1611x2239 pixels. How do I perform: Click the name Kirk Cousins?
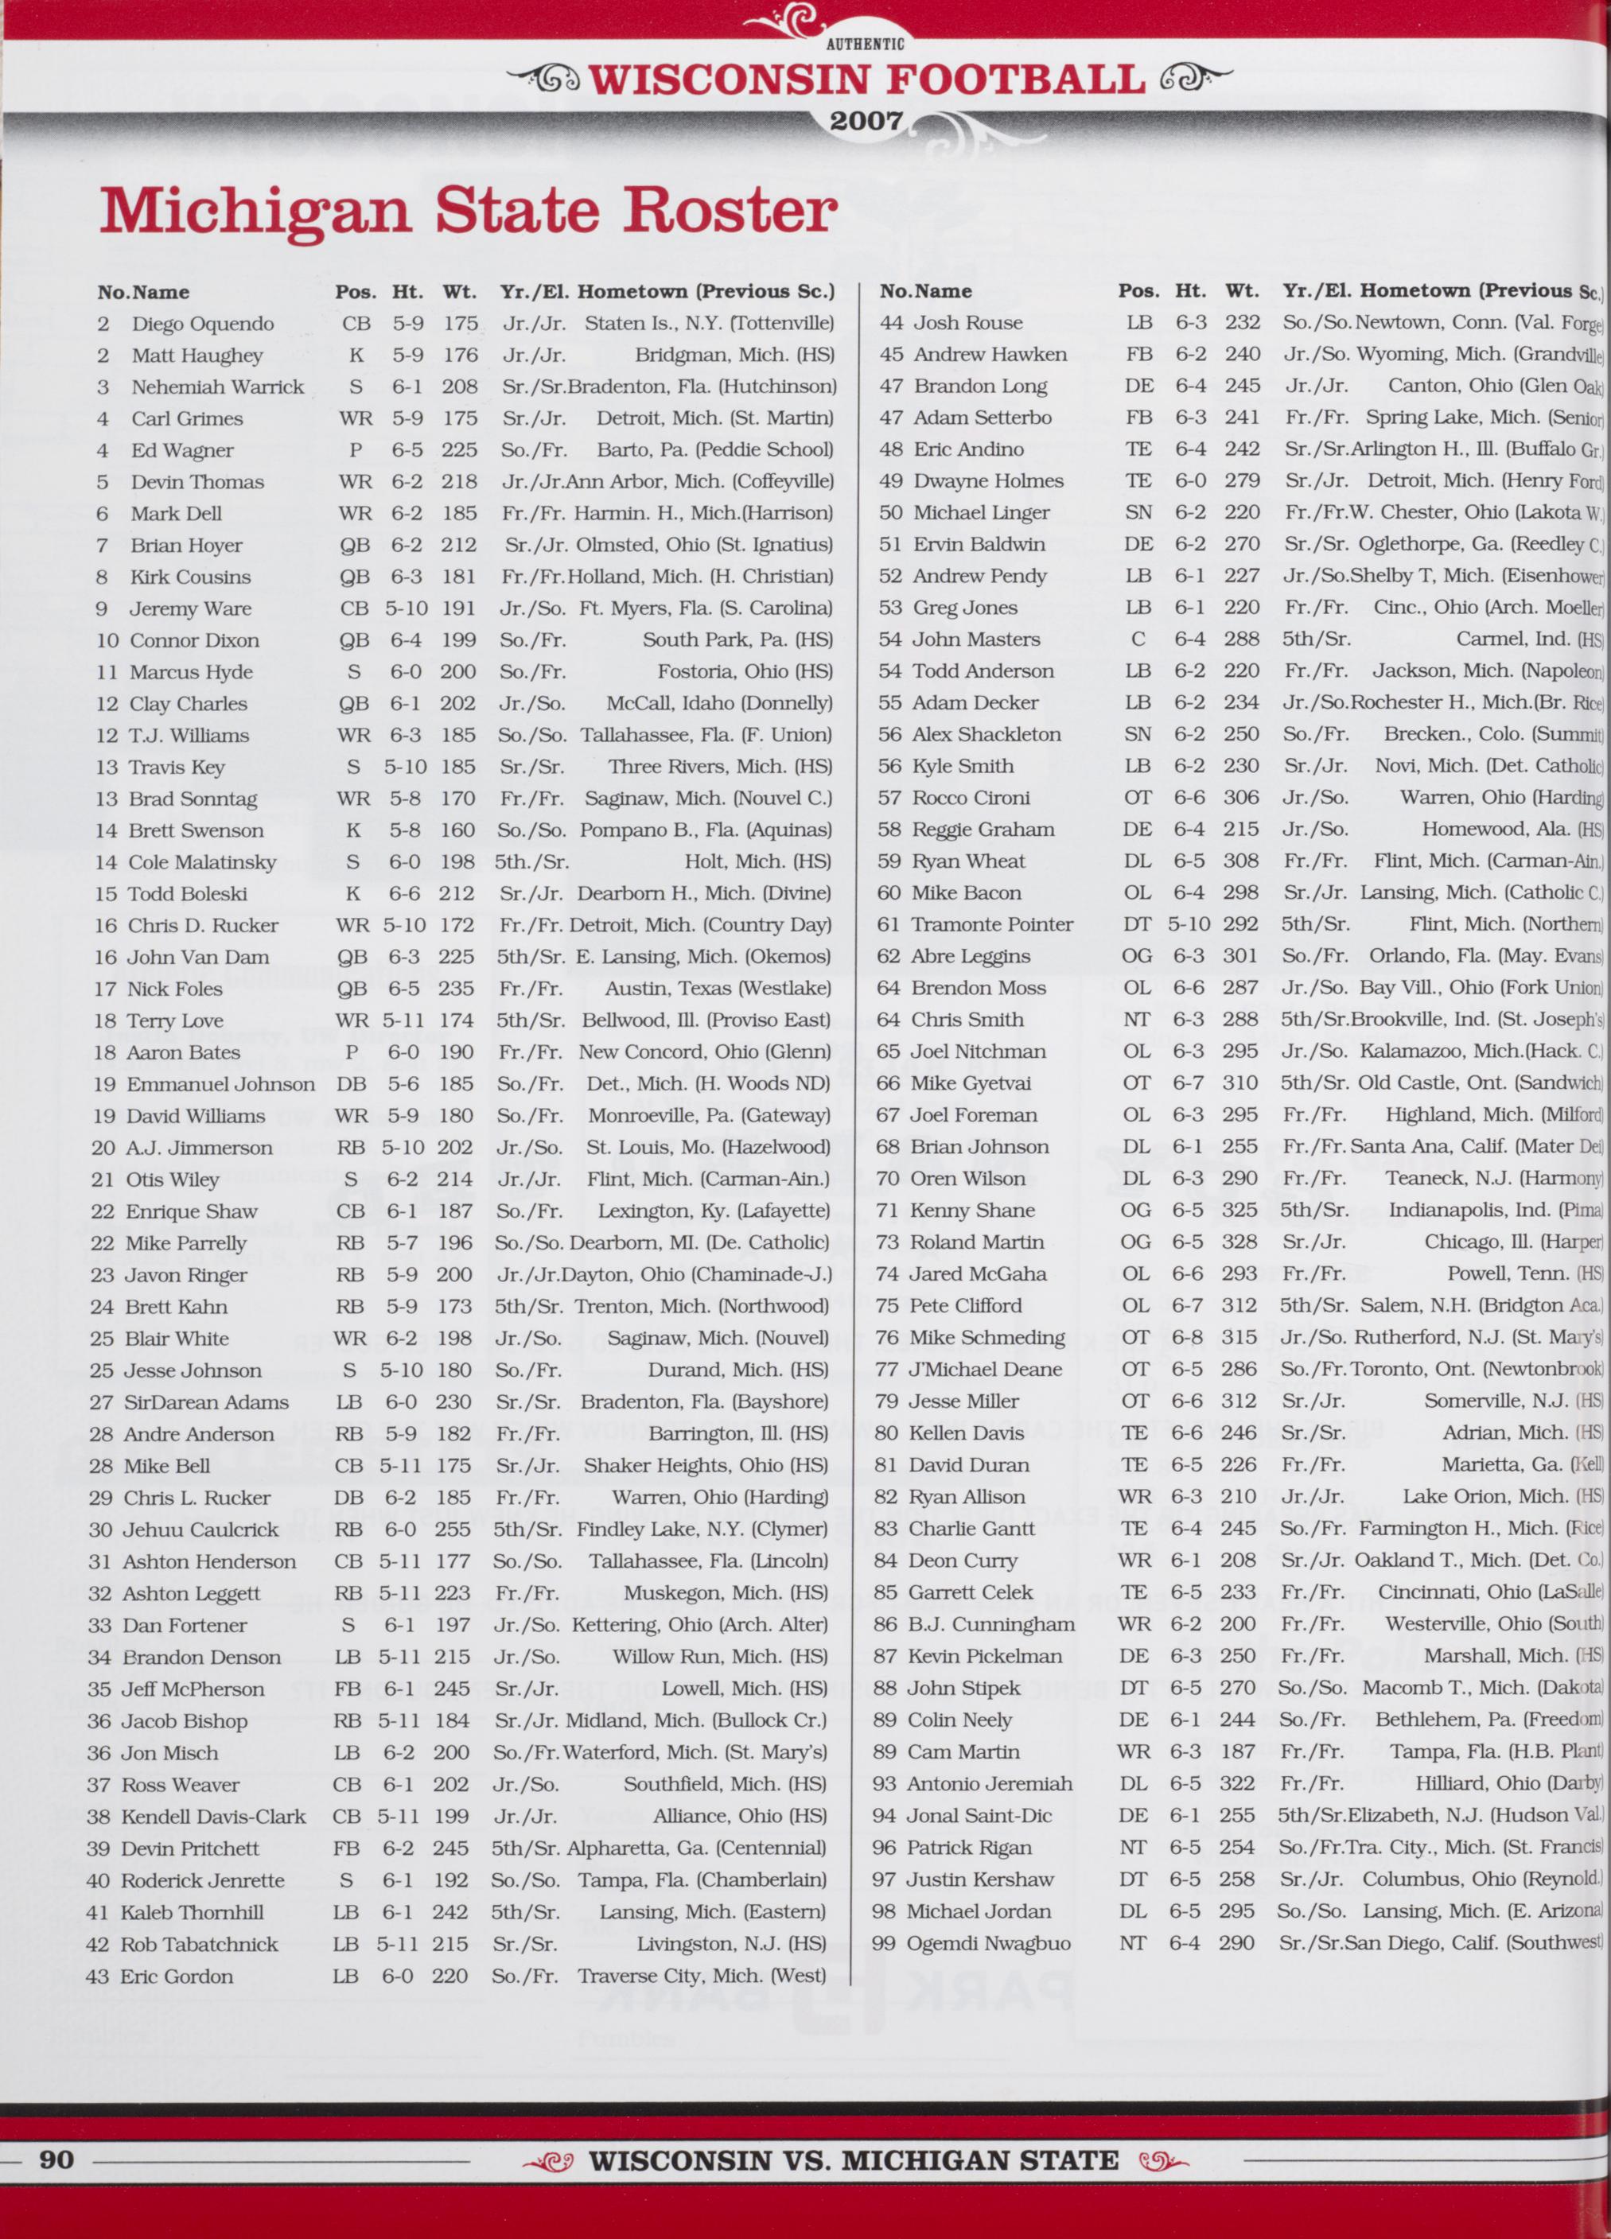coord(189,577)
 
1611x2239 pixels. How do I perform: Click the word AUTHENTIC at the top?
coord(865,44)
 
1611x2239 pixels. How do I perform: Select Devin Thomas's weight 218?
coord(458,482)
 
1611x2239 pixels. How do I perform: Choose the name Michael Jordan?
coord(979,1911)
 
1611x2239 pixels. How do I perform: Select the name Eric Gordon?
coord(177,1976)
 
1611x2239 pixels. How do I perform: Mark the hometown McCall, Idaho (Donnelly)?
coord(718,703)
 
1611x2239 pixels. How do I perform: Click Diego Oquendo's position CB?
coord(356,324)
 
